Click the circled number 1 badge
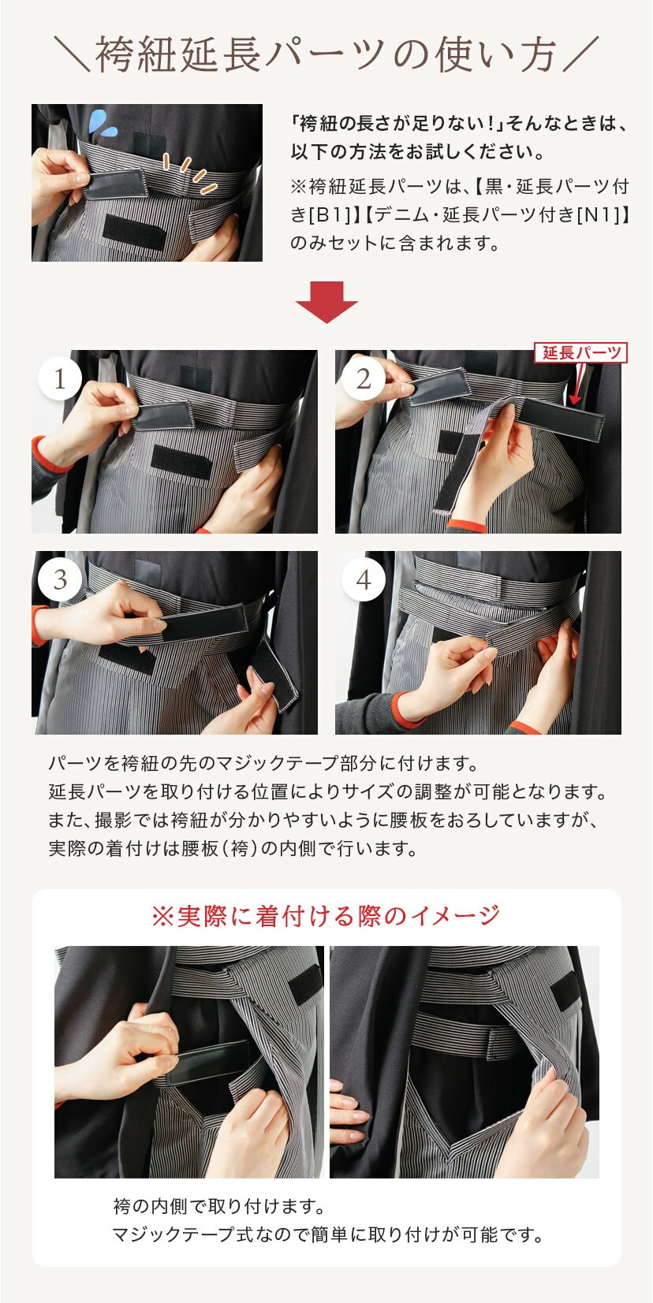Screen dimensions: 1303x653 coord(60,379)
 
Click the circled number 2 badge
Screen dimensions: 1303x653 coord(364,379)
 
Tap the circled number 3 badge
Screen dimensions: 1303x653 coord(60,579)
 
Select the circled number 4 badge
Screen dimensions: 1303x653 coord(364,579)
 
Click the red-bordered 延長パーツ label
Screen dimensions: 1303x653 coord(581,352)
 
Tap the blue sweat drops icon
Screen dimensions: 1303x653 coord(99,122)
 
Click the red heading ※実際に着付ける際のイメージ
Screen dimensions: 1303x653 coord(326,916)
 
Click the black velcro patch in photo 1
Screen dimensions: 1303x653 coord(181,463)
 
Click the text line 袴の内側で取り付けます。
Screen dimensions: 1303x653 coord(219,1207)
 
